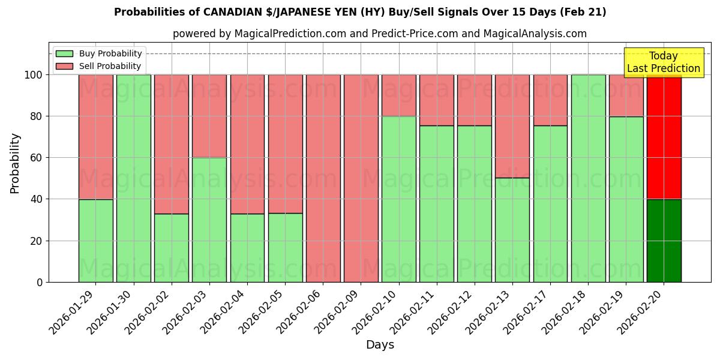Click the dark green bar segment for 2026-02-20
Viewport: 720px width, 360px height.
664,241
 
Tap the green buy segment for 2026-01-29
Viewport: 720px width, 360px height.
95,241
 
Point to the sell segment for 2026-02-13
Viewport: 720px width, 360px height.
512,126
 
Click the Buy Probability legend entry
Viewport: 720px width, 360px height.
110,54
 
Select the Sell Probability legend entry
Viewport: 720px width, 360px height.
110,67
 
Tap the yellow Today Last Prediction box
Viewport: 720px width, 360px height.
663,62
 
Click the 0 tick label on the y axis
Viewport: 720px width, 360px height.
40,282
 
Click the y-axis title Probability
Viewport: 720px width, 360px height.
15,163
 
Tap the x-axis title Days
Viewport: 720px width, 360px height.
380,345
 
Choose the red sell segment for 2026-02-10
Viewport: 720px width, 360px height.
398,95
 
